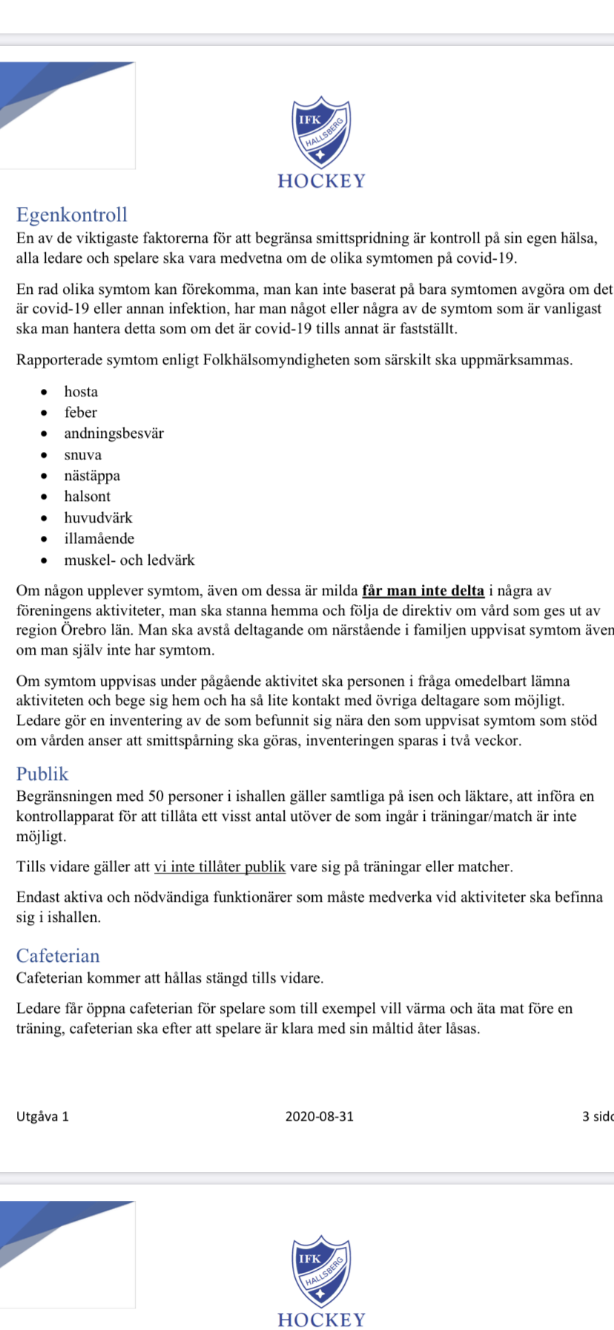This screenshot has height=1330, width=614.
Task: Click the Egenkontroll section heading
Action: (72, 215)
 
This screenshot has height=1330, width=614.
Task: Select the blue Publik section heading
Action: (42, 774)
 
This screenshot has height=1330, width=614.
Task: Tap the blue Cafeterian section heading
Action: (58, 956)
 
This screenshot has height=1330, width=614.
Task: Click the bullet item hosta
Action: (81, 392)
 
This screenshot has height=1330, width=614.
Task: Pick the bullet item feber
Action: (80, 413)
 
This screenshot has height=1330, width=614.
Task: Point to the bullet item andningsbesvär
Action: (113, 433)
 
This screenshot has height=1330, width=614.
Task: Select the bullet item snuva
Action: (82, 455)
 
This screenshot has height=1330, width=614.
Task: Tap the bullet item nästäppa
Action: (92, 476)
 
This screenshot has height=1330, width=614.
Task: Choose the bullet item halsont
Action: (87, 497)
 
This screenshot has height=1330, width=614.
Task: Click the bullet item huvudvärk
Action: (98, 518)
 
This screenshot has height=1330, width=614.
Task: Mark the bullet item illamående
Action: (99, 539)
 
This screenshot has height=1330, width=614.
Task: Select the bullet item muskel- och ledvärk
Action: (129, 560)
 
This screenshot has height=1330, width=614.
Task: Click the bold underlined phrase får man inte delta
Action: (423, 591)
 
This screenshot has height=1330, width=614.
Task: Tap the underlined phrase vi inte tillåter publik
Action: (219, 867)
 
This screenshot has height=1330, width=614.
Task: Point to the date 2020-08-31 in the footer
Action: (320, 1116)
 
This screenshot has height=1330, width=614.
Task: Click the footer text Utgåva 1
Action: (42, 1116)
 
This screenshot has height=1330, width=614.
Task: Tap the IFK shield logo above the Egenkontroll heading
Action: (320, 132)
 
